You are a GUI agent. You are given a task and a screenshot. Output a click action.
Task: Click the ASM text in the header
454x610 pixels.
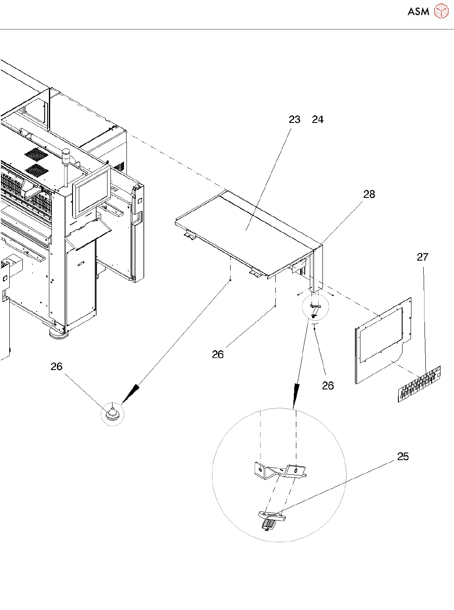click(x=418, y=11)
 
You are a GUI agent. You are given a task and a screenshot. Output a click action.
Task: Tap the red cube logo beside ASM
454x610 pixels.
click(x=441, y=11)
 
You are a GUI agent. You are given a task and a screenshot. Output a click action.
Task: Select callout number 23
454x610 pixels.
click(x=294, y=120)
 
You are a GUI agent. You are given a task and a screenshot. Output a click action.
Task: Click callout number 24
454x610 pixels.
click(x=317, y=120)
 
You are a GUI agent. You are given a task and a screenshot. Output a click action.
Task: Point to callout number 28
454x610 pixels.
click(x=369, y=194)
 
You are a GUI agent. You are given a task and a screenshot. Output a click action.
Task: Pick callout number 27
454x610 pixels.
click(x=422, y=257)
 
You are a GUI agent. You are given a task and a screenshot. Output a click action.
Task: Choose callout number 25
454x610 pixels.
click(x=403, y=456)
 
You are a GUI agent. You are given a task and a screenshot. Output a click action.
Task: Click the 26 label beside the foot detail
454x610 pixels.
click(x=56, y=367)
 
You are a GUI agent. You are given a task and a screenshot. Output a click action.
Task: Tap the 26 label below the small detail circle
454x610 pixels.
click(x=328, y=386)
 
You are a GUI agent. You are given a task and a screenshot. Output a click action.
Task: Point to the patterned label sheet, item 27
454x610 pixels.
click(x=419, y=383)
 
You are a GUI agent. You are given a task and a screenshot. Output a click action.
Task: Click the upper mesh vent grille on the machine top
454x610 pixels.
click(x=36, y=154)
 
